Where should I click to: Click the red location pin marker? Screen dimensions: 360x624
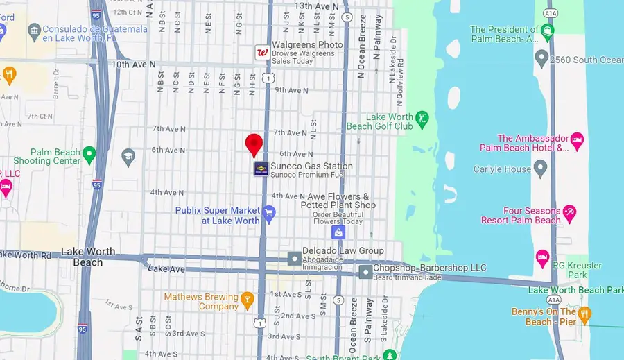point(254,144)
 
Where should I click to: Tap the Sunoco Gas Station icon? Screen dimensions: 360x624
point(261,170)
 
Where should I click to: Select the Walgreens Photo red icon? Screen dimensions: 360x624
point(263,52)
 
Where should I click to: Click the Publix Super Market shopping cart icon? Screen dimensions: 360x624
point(269,215)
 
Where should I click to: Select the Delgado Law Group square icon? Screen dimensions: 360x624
point(295,259)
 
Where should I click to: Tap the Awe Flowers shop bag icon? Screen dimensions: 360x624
point(338,232)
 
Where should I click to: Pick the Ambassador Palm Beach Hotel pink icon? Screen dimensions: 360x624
point(577,142)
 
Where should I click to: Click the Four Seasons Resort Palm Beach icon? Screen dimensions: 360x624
point(570,215)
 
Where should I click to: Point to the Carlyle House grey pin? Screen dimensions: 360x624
point(541,169)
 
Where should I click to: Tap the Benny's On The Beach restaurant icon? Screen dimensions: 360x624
point(584,316)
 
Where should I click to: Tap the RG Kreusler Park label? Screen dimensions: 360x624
point(576,270)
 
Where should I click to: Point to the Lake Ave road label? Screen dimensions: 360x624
point(166,268)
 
